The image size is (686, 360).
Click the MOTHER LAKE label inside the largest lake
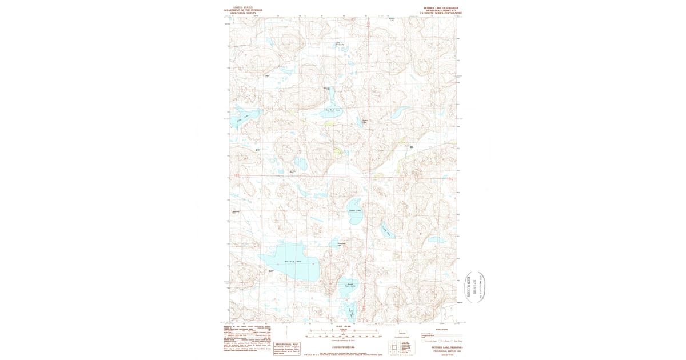click(x=293, y=261)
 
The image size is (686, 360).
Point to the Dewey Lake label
click(x=355, y=211)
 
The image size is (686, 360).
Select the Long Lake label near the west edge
click(x=242, y=118)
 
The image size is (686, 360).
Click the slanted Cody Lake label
click(x=387, y=231)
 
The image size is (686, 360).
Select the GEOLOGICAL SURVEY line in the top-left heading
click(x=235, y=13)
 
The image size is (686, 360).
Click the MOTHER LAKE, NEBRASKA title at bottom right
click(x=444, y=347)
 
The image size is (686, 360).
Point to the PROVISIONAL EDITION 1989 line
click(x=444, y=350)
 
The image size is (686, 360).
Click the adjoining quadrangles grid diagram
click(x=398, y=346)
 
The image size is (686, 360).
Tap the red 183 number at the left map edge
click(x=234, y=175)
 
